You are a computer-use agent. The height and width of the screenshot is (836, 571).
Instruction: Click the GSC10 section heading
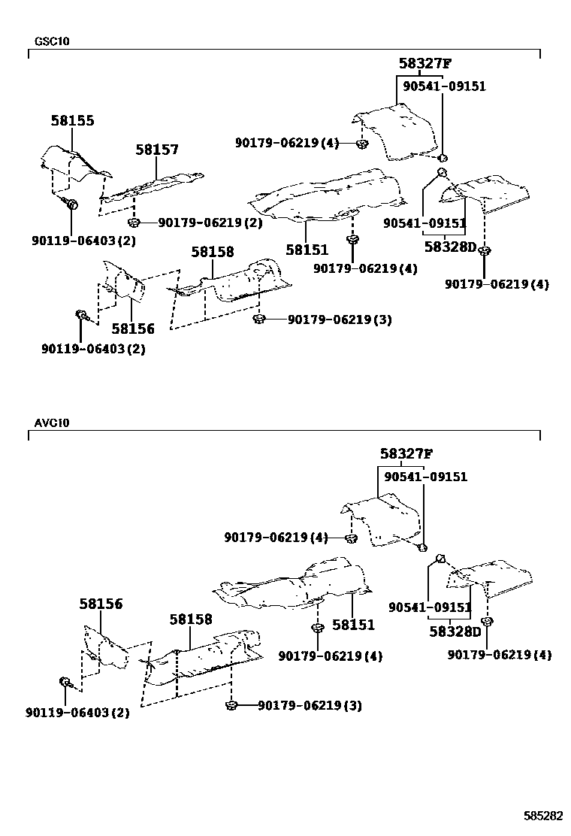pyautogui.click(x=52, y=41)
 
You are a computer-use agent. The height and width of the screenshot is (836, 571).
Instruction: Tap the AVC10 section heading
pyautogui.click(x=52, y=423)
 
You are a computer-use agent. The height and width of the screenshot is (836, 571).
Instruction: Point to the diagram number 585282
pyautogui.click(x=543, y=816)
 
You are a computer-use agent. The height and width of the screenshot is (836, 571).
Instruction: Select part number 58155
pyautogui.click(x=73, y=120)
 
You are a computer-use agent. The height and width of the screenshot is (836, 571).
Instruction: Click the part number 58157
pyautogui.click(x=157, y=150)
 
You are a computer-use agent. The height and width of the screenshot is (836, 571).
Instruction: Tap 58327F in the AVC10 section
pyautogui.click(x=406, y=454)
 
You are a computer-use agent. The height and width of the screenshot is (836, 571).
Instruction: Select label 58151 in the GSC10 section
pyautogui.click(x=307, y=250)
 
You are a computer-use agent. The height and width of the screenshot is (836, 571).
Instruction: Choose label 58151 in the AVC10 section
pyautogui.click(x=353, y=625)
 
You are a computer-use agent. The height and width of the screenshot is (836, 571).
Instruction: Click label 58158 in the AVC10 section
pyautogui.click(x=191, y=619)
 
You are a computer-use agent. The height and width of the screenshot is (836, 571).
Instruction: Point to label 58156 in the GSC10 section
pyautogui.click(x=133, y=329)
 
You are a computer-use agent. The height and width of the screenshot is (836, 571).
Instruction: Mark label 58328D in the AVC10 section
pyautogui.click(x=455, y=632)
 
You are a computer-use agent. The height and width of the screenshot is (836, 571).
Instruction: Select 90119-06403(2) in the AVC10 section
pyautogui.click(x=77, y=712)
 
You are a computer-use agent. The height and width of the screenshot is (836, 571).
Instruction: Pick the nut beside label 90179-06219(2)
pyautogui.click(x=133, y=222)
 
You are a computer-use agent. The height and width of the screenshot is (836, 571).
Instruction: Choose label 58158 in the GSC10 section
pyautogui.click(x=212, y=252)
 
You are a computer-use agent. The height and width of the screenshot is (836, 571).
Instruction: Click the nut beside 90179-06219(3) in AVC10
pyautogui.click(x=231, y=705)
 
